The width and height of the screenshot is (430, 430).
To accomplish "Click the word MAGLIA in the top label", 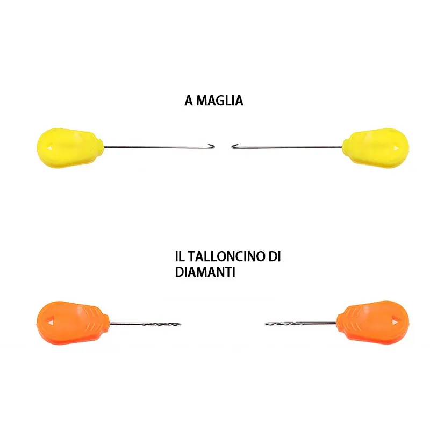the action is (x=219, y=101).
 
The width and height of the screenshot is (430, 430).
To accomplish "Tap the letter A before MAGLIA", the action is (x=189, y=101).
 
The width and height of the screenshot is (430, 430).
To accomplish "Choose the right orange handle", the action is (x=373, y=320).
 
